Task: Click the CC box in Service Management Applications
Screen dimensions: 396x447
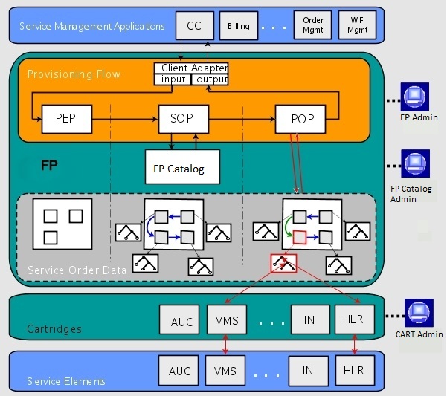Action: (x=194, y=26)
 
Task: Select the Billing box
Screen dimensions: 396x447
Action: (x=239, y=26)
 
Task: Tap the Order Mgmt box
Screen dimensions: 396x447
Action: (x=313, y=25)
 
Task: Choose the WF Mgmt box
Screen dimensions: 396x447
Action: (x=357, y=25)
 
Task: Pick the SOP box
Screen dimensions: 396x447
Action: (x=183, y=117)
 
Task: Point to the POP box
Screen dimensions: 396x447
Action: (x=301, y=117)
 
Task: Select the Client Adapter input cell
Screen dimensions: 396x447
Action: (x=172, y=79)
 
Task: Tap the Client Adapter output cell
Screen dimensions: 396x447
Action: (x=210, y=79)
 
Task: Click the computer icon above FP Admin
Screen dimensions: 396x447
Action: (x=413, y=95)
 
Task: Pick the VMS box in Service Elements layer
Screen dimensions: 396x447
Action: (x=225, y=369)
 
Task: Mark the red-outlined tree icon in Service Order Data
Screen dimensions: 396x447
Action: (x=283, y=263)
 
